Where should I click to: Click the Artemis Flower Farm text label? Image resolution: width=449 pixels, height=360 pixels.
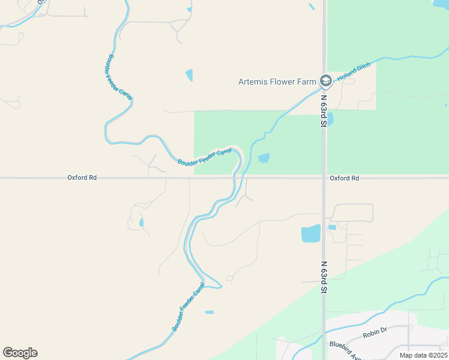pos(277,82)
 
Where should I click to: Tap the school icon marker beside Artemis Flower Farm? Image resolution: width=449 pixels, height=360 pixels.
pos(325,80)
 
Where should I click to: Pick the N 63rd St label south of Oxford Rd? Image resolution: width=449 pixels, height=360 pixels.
pos(323,277)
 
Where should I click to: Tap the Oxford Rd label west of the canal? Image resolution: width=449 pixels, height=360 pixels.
pos(82,178)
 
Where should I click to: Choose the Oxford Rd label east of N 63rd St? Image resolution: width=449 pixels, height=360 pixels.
pos(344,178)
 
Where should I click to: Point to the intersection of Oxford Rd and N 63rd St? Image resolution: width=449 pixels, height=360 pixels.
pos(324,178)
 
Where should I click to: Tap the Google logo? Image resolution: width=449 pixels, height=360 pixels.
pos(20,353)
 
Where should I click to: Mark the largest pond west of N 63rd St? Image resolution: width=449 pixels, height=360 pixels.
pos(310,233)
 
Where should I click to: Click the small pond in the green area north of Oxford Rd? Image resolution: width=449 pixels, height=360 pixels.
pos(264,158)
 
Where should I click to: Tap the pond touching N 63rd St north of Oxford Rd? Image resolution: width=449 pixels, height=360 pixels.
pos(330,119)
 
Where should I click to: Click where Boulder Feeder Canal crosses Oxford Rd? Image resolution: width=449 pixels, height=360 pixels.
pos(235,178)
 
